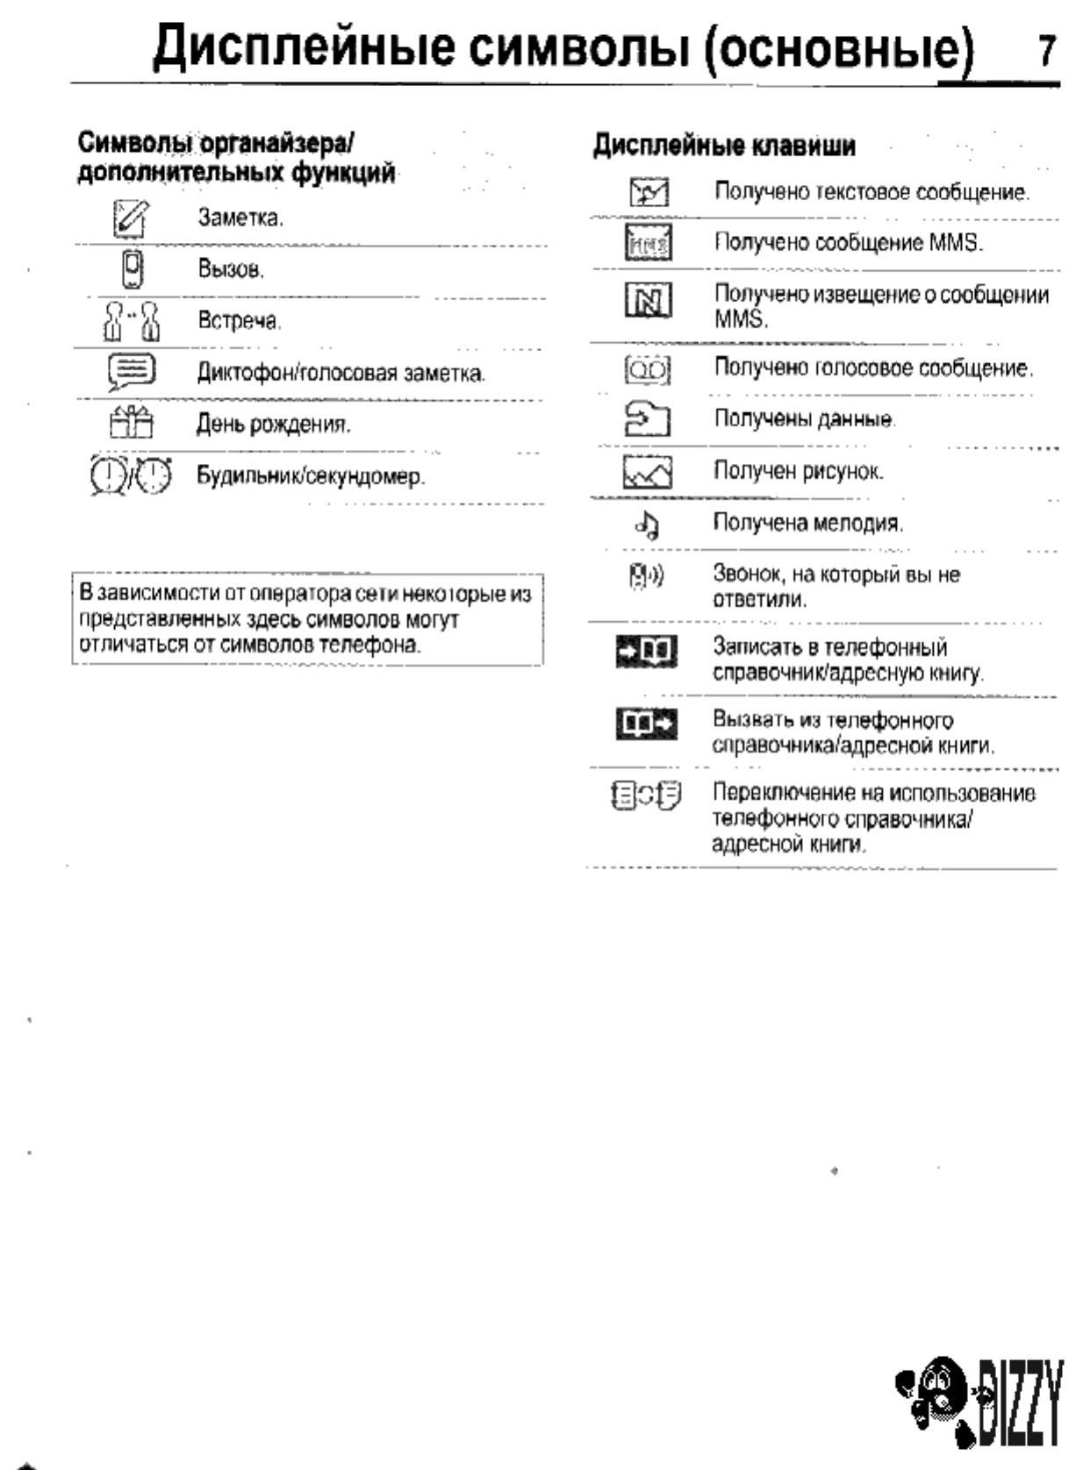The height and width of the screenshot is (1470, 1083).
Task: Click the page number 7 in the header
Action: click(1046, 51)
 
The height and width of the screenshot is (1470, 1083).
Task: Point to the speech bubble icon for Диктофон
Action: click(132, 372)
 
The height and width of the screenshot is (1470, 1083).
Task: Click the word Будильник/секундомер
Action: click(310, 476)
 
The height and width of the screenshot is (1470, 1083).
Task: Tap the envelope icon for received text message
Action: click(649, 192)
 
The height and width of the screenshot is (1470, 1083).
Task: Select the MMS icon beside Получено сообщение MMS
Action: click(649, 243)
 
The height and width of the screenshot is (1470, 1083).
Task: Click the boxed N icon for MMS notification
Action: click(649, 302)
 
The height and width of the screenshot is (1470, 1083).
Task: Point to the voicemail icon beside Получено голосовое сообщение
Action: click(648, 369)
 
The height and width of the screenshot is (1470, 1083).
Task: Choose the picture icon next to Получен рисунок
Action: click(648, 472)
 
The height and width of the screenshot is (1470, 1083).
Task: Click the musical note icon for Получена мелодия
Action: click(648, 524)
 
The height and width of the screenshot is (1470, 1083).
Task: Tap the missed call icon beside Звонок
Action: click(647, 576)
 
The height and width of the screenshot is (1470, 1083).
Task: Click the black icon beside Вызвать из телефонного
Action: click(647, 724)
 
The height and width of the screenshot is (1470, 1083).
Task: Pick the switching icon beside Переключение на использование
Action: click(647, 796)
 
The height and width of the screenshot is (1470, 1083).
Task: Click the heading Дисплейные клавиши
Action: click(724, 146)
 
